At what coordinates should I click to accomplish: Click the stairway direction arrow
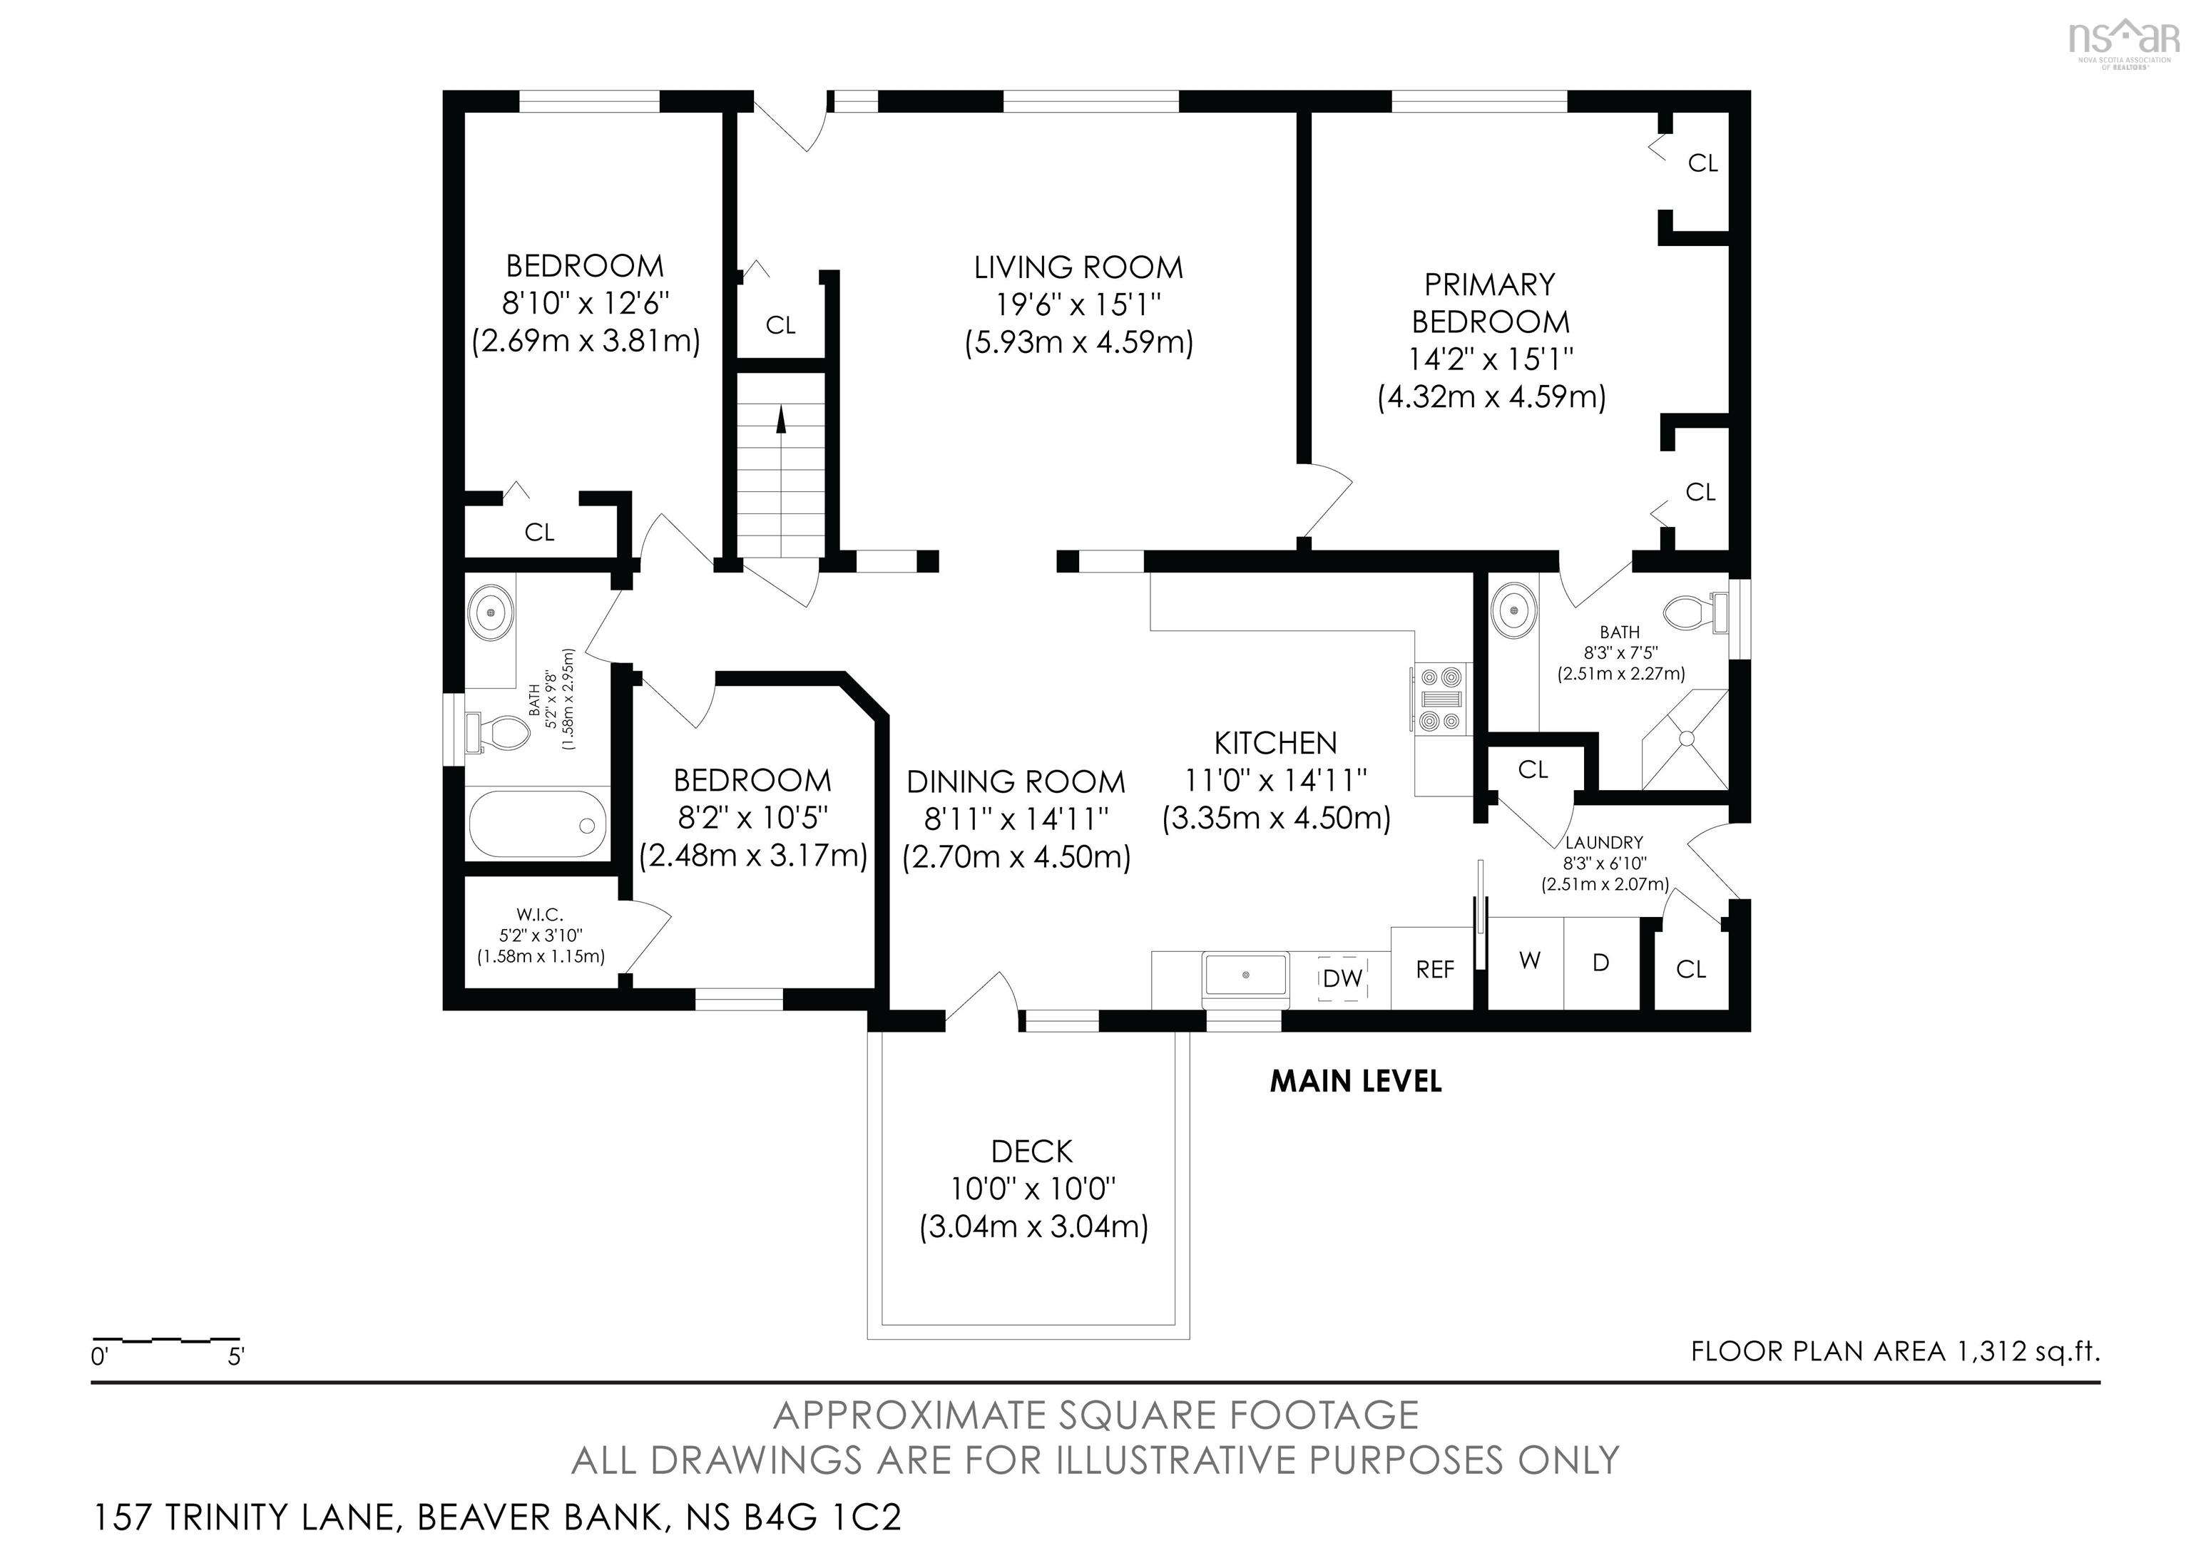click(x=780, y=420)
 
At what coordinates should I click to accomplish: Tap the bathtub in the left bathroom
click(x=537, y=825)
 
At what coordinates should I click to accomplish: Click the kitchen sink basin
click(x=1246, y=975)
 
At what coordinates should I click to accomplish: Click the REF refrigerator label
click(x=1434, y=970)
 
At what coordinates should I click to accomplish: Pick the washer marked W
click(x=1528, y=961)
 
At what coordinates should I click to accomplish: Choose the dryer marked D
click(x=1600, y=963)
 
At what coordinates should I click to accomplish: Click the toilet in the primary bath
click(x=1695, y=610)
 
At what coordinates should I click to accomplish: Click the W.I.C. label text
click(x=540, y=915)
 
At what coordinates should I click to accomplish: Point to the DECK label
click(x=1031, y=1152)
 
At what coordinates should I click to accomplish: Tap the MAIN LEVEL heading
click(x=1354, y=1082)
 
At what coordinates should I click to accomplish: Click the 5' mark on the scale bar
click(x=235, y=1356)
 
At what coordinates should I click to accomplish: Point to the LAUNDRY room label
click(x=1603, y=842)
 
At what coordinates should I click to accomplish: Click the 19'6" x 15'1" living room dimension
click(x=1078, y=305)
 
